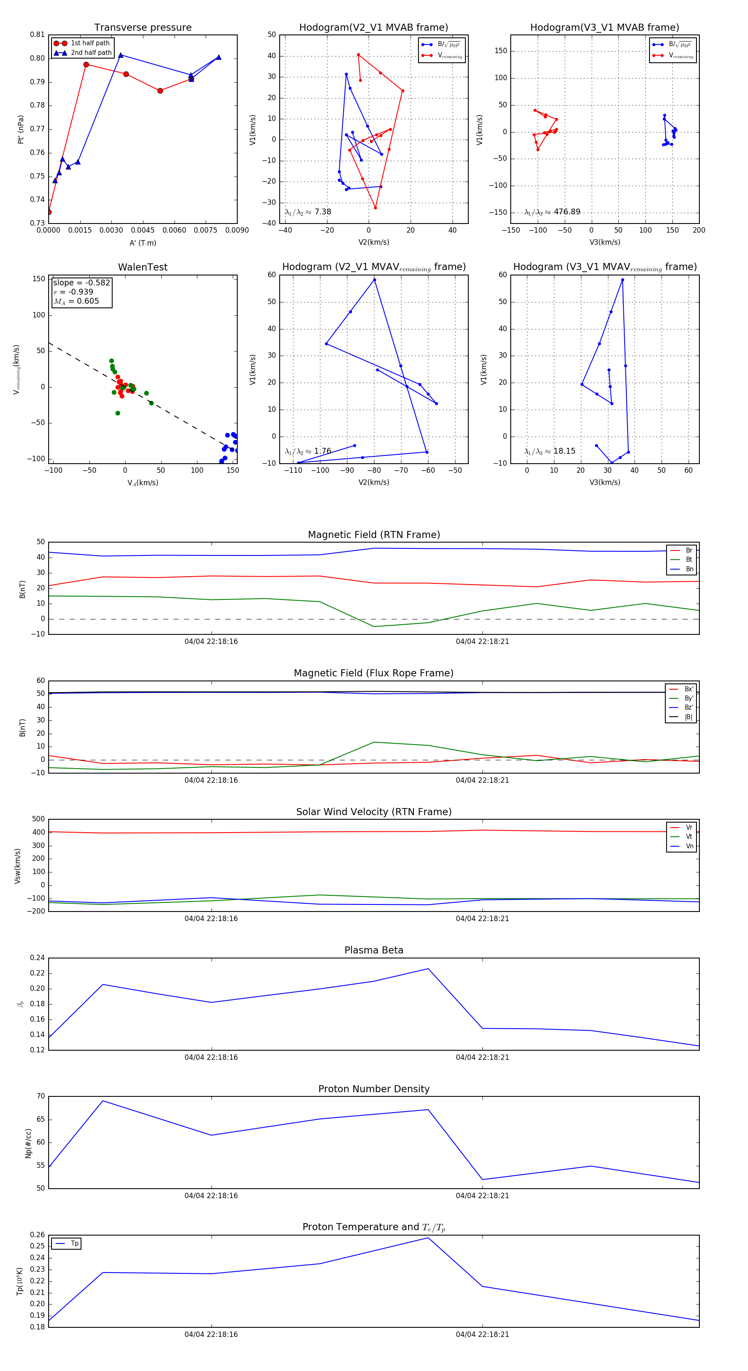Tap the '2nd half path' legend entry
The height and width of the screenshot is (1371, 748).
(x=91, y=53)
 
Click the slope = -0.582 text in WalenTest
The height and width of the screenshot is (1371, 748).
(x=81, y=283)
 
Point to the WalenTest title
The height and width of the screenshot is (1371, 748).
(x=143, y=267)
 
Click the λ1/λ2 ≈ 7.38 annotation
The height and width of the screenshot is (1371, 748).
(x=308, y=212)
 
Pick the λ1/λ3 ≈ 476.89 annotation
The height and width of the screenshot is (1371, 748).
(x=552, y=212)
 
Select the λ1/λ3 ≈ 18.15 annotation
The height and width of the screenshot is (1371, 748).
(x=549, y=451)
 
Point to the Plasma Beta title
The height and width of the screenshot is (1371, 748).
(x=374, y=951)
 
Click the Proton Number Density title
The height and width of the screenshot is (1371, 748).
(x=374, y=1089)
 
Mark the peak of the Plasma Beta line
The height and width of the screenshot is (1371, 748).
(x=428, y=969)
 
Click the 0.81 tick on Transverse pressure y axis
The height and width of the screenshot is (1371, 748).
(x=37, y=34)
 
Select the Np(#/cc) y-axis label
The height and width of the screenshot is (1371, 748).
(x=28, y=1143)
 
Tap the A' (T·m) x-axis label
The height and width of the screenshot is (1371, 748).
(x=143, y=243)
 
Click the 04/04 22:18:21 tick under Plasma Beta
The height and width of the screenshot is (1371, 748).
(x=482, y=1057)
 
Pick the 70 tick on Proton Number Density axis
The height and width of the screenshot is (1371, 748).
(x=41, y=1096)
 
